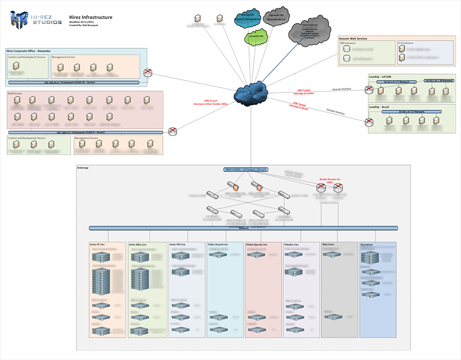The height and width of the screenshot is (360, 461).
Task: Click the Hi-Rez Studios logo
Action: point(36,20)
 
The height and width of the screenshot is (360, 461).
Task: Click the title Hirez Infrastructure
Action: point(91,17)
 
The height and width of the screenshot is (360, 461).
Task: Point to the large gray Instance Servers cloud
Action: point(310,31)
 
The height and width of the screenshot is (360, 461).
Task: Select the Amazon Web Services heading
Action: point(353,38)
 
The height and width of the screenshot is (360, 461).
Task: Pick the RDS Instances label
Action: point(348,43)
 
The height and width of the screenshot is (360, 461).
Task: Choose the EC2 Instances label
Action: point(406,43)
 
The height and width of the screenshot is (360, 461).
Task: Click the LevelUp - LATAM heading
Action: point(380,76)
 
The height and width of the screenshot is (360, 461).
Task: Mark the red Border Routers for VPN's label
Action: point(330,180)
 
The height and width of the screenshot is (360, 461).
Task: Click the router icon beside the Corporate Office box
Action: point(148,73)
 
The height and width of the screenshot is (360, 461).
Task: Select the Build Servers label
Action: point(15,93)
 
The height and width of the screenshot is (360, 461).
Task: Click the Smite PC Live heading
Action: point(98,244)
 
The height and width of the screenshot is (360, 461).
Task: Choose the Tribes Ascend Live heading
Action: point(218,244)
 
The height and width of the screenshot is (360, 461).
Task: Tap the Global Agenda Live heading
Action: point(256,244)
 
